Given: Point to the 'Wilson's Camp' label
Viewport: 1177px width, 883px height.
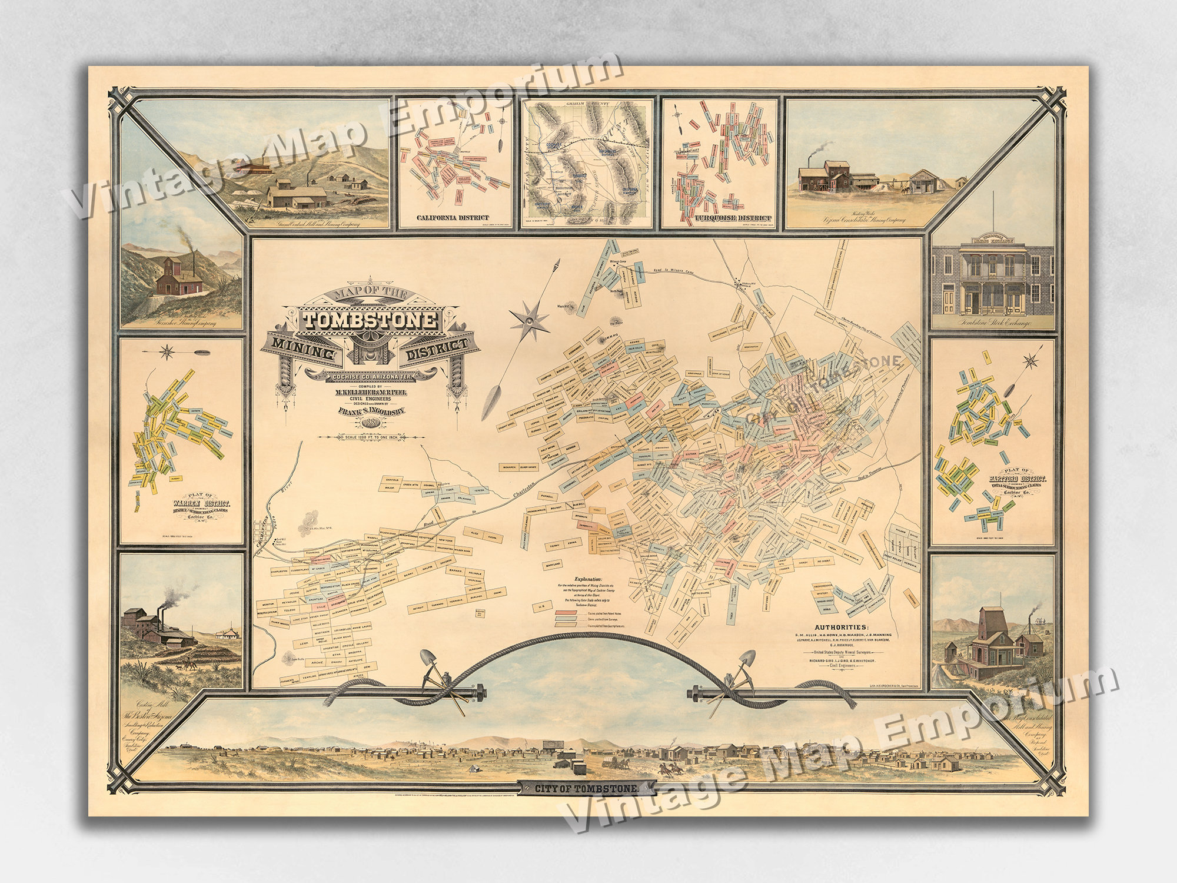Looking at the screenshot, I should click(620, 260).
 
